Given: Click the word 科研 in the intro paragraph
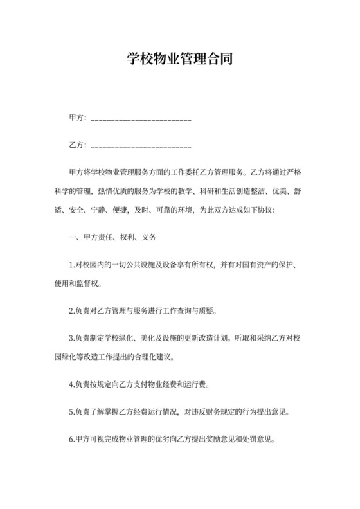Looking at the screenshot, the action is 198,191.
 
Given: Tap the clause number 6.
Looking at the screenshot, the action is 71,442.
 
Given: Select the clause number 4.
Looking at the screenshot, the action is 71,386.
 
